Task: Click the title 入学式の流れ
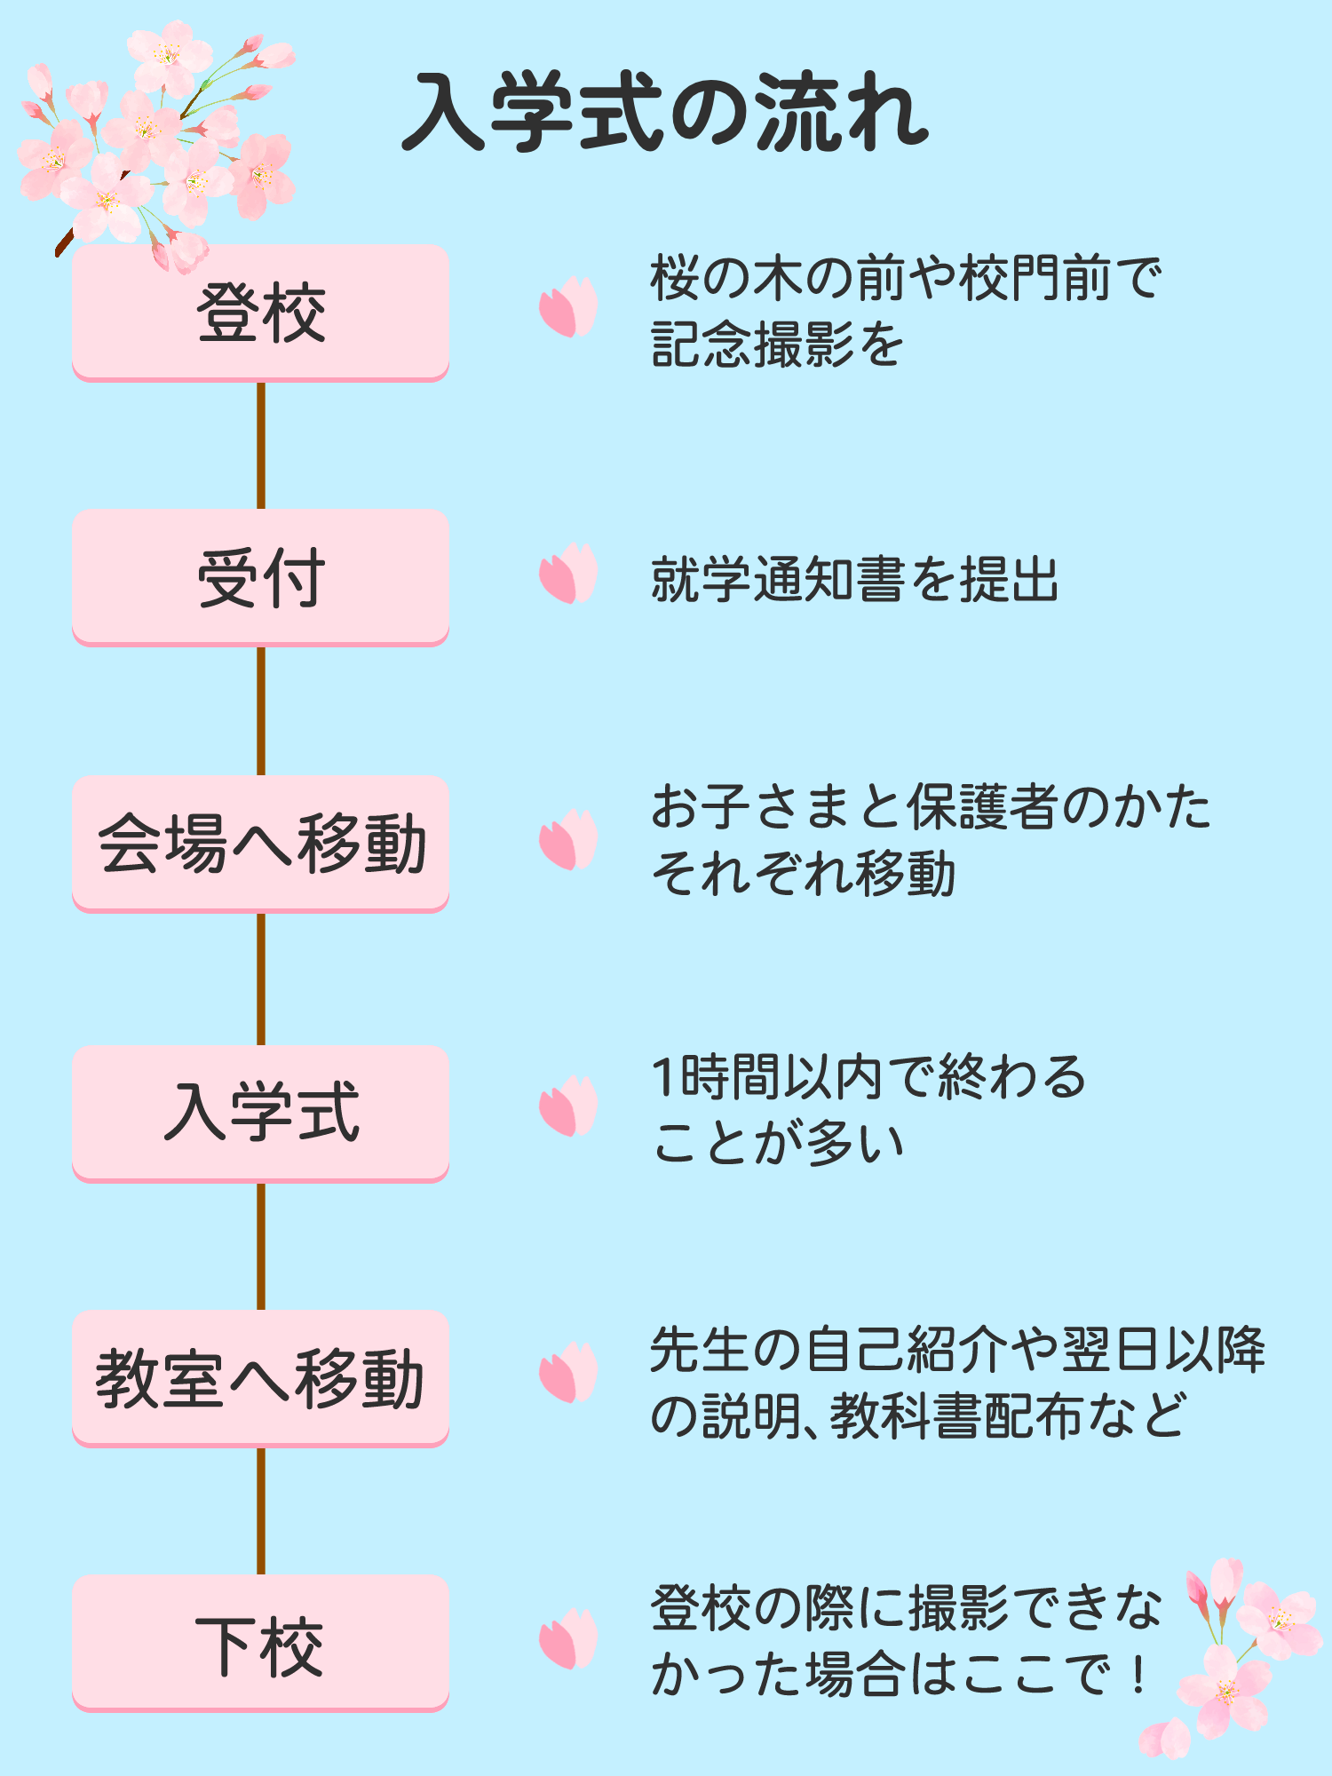click(x=666, y=114)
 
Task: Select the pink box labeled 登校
click(x=260, y=313)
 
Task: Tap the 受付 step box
click(x=260, y=577)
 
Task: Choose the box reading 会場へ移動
click(x=260, y=844)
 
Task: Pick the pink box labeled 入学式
click(x=260, y=1113)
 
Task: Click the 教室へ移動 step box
click(x=260, y=1378)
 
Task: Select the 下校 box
click(x=260, y=1644)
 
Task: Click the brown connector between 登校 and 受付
click(x=261, y=446)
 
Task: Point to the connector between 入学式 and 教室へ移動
click(x=261, y=1246)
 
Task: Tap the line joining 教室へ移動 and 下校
click(x=261, y=1511)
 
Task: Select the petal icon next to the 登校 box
click(x=568, y=307)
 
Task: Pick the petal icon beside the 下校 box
click(x=568, y=1639)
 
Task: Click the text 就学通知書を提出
click(x=854, y=580)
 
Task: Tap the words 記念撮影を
click(x=777, y=345)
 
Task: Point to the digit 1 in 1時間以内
click(x=662, y=1077)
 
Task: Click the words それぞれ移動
click(x=804, y=874)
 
